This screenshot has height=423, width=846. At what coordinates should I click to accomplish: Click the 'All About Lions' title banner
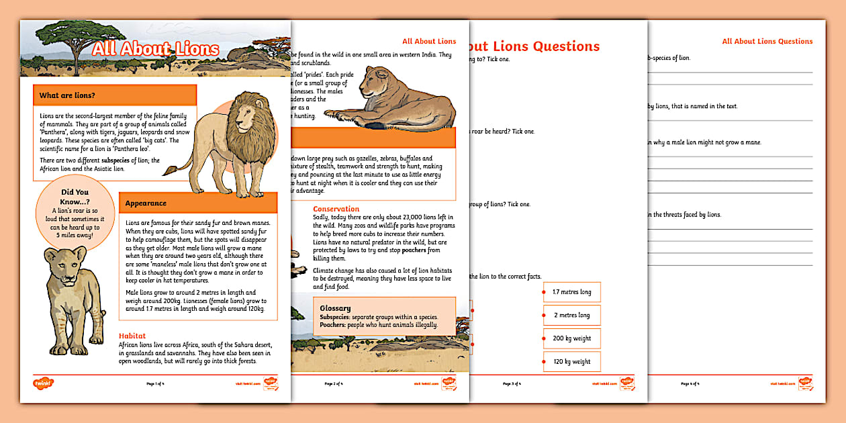(155, 49)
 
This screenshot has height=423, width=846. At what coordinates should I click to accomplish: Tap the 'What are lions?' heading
(67, 95)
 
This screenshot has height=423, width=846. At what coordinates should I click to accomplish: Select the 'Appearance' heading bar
(146, 203)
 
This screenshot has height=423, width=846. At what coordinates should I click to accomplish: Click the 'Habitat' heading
(132, 336)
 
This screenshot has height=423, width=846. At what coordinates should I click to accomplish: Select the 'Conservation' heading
(336, 209)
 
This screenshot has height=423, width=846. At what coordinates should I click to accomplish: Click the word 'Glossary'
(336, 308)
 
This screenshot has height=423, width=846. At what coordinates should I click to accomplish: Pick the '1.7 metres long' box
(571, 292)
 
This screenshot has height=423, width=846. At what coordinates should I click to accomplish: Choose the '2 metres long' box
(571, 315)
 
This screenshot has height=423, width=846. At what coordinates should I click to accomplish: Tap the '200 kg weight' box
(571, 338)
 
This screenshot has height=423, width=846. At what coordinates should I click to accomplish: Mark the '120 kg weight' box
(571, 361)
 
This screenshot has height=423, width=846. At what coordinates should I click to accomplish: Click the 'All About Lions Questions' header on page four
(767, 41)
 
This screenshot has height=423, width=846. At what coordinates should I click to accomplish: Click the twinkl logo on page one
(43, 383)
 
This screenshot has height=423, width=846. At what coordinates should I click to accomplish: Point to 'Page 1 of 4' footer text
(155, 383)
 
